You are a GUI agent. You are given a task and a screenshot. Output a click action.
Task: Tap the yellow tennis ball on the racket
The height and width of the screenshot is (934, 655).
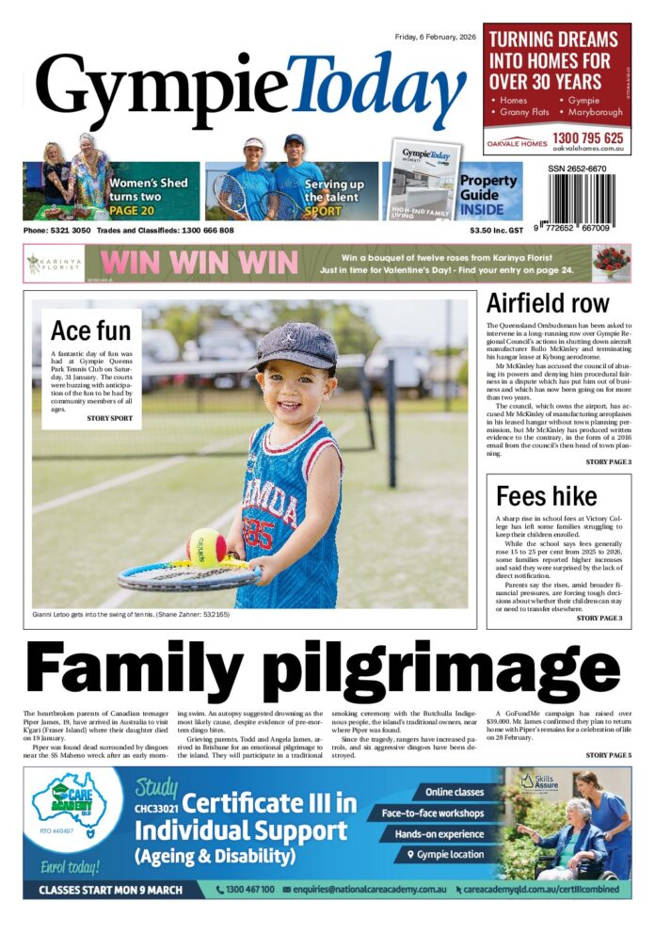205,546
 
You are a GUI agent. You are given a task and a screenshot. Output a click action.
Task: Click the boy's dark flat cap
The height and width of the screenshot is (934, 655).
294,346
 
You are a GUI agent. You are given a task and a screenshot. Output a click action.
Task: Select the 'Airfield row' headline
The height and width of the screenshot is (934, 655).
547,303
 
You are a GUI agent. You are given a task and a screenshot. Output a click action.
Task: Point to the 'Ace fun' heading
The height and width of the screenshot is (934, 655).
90,330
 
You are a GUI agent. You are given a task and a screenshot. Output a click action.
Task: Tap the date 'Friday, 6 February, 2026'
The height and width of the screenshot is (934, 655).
435,37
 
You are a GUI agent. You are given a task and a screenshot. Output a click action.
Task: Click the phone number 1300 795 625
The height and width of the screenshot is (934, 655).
588,137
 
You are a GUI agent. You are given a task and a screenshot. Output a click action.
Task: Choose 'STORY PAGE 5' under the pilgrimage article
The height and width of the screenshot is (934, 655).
608,755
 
